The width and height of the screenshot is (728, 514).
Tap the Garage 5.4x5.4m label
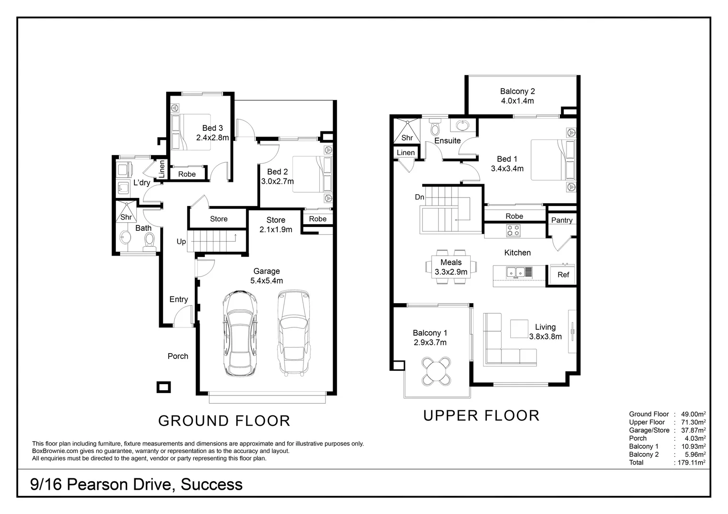pos(266,276)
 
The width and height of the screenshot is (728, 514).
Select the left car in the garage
pos(240,333)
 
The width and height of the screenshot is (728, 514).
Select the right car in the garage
pos(293,332)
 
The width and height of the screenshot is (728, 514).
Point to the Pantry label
pos(562,220)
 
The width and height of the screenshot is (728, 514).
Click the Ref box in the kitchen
pos(563,275)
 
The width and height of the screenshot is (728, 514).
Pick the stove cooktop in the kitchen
pos(513,231)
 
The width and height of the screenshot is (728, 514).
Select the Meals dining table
pos(451,267)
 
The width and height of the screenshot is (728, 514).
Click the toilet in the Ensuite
pos(435,128)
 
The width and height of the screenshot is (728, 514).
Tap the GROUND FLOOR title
pos(224,421)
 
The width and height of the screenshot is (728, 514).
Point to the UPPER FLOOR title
pos(481,415)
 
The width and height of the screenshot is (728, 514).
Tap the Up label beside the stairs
pos(181,242)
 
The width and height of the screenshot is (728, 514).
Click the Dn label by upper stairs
pos(419,197)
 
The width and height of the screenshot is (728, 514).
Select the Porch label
pos(178,356)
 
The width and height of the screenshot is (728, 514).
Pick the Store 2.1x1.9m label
pos(275,225)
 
